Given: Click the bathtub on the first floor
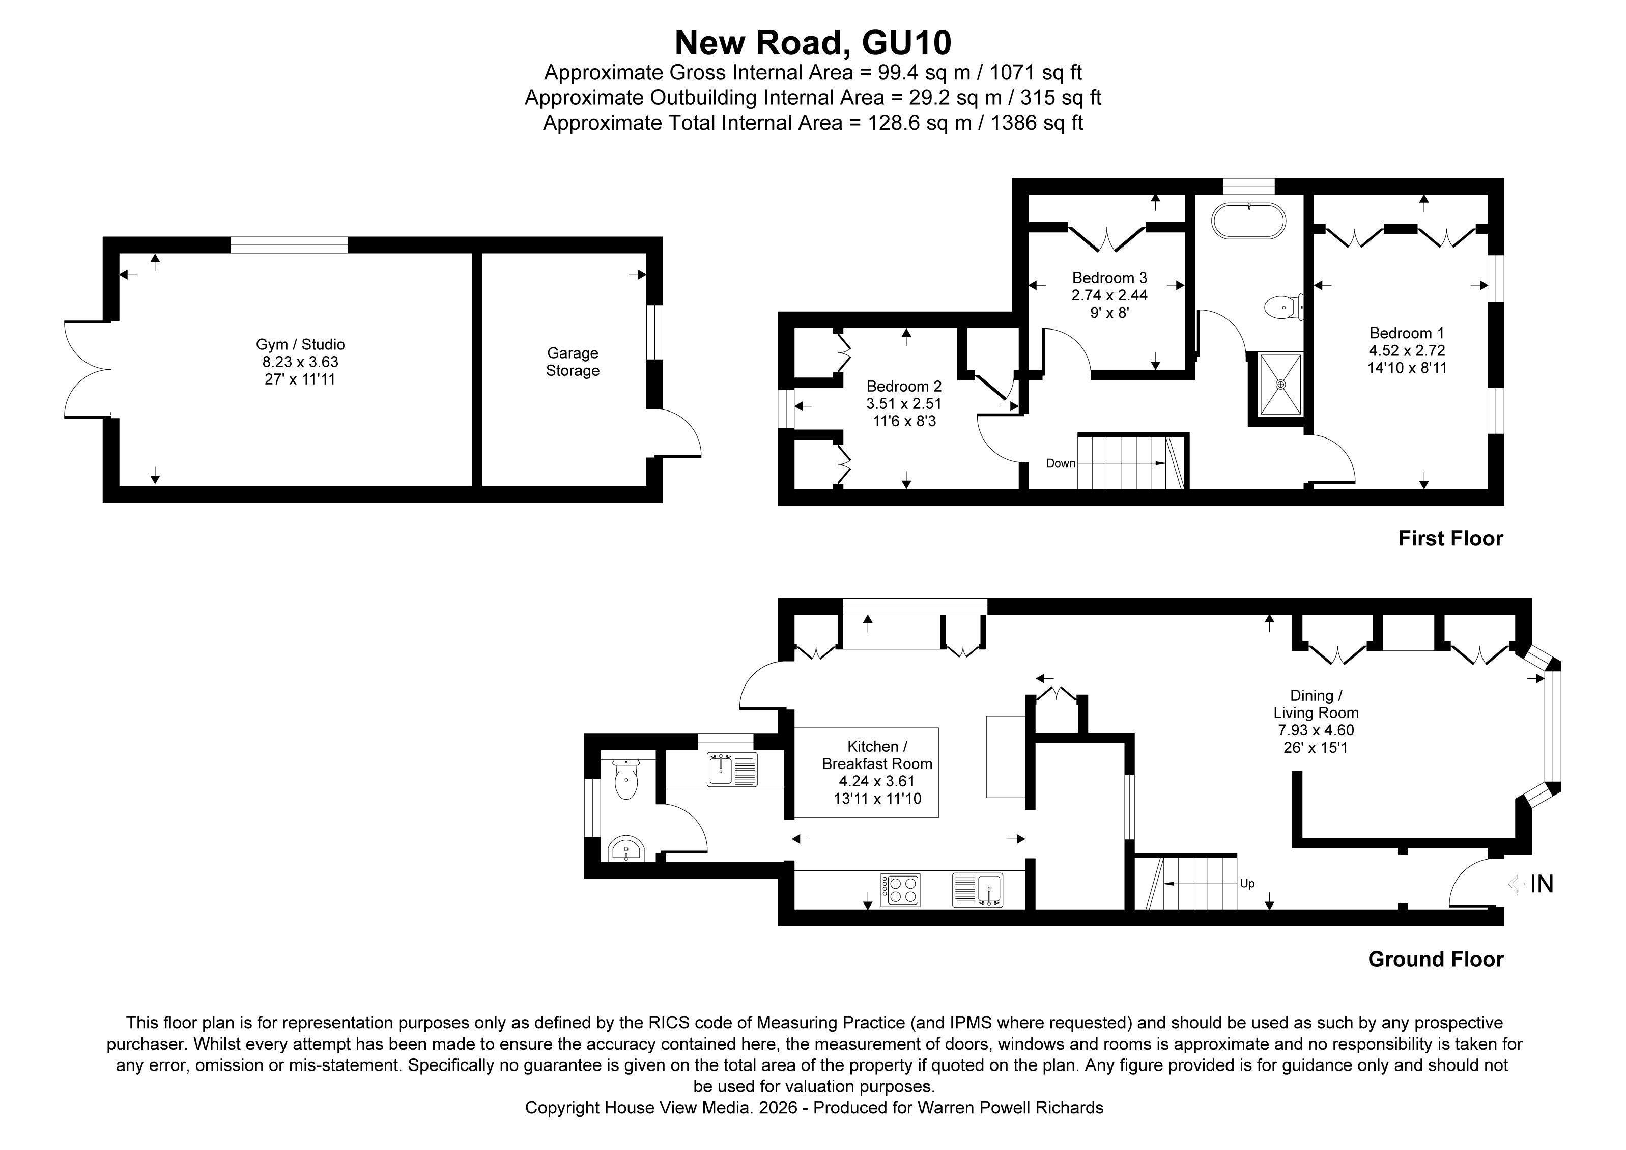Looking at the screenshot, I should (x=1248, y=221).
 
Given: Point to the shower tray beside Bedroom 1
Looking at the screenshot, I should (x=1280, y=384).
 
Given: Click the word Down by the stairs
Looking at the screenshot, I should (x=1060, y=463).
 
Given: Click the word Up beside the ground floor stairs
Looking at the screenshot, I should (x=1247, y=884).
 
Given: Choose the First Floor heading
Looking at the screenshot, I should (x=1450, y=538).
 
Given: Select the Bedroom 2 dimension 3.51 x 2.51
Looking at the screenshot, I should (x=904, y=404).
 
